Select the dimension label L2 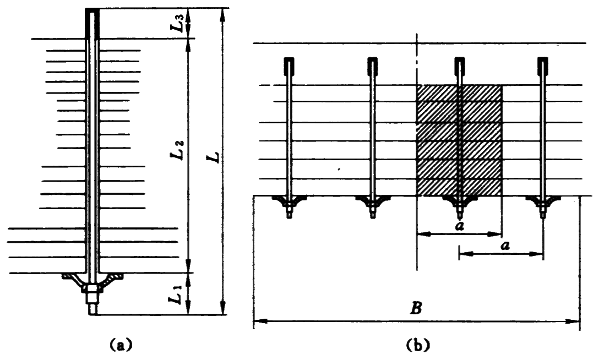pyautogui.click(x=178, y=151)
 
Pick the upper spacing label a pyautogui.click(x=458, y=226)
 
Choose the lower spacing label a pyautogui.click(x=504, y=246)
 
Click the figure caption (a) pyautogui.click(x=121, y=346)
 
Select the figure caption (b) pyautogui.click(x=417, y=346)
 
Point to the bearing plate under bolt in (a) pyautogui.click(x=92, y=278)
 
